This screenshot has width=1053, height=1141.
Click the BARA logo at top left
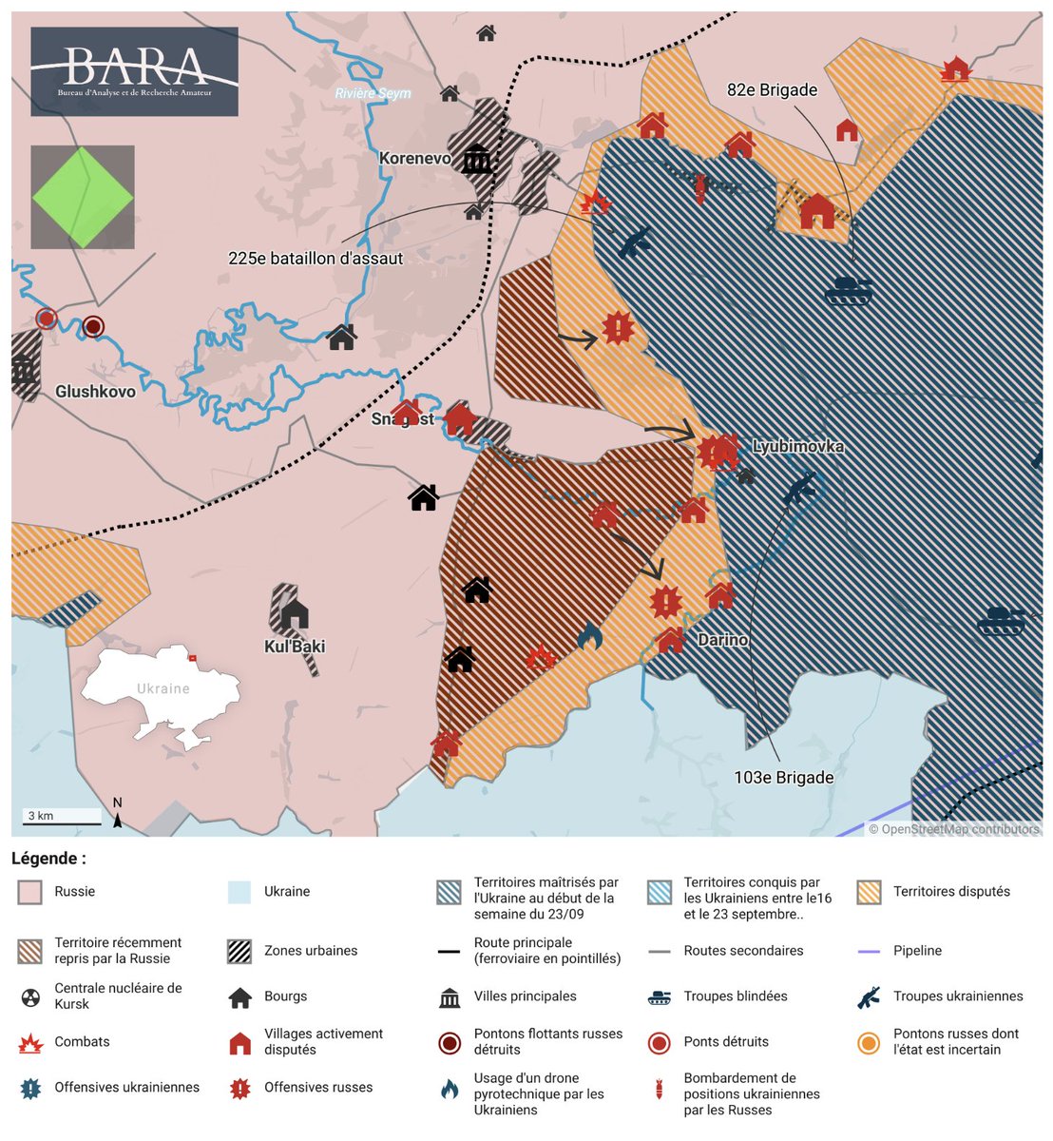click(x=134, y=71)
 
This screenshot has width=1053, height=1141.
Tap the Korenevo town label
click(x=414, y=159)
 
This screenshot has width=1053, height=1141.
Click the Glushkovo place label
click(x=95, y=392)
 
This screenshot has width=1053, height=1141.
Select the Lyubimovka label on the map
click(x=797, y=447)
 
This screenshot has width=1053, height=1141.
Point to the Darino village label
click(x=723, y=640)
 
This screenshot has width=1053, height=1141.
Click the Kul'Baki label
click(x=295, y=647)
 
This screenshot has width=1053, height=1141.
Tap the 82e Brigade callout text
click(x=772, y=90)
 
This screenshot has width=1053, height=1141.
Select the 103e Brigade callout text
click(x=783, y=778)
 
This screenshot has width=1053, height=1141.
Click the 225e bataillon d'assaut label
click(x=316, y=259)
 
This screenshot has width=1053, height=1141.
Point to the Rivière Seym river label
click(x=373, y=93)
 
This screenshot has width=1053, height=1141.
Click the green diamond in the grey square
click(x=83, y=198)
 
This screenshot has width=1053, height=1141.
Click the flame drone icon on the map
click(x=589, y=636)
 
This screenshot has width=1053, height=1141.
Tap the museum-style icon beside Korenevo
click(x=476, y=159)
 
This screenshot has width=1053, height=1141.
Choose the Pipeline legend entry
click(x=917, y=951)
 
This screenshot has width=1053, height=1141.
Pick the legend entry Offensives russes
click(x=317, y=1088)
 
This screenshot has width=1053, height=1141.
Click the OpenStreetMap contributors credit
click(x=954, y=829)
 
